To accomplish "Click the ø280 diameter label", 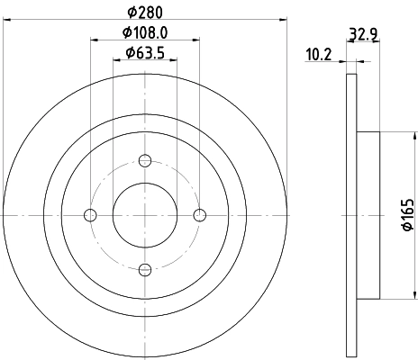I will pyautogui.click(x=145, y=13).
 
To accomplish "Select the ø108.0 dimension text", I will pyautogui.click(x=145, y=35).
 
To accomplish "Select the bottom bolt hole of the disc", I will pyautogui.click(x=145, y=268).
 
